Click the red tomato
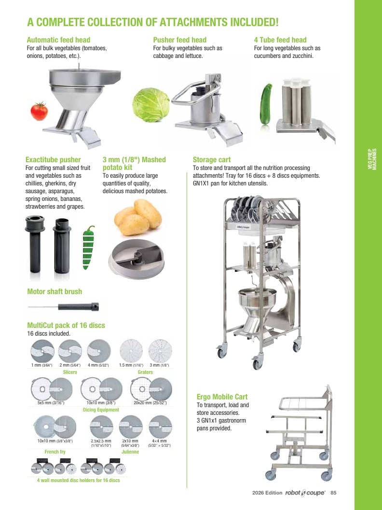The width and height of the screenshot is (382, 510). point(39,111)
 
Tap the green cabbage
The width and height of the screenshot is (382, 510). point(151,105)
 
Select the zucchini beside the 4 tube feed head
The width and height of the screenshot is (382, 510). point(266,104)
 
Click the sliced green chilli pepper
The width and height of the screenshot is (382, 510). point(88,248)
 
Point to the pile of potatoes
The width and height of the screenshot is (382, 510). point(138,217)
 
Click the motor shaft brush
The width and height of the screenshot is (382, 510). point(63,307)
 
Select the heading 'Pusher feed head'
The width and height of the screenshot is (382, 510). point(179,40)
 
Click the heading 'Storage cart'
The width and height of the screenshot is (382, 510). point(211,160)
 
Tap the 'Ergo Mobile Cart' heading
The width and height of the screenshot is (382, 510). point(222,397)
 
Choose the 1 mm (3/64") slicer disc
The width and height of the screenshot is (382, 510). point(42,351)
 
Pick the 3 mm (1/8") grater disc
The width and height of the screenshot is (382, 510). point(160,351)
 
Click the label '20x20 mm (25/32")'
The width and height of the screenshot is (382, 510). point(150,403)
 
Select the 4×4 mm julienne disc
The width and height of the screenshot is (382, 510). point(160,427)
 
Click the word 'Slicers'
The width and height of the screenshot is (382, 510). point(70,372)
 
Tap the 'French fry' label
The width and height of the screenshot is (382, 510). point(55,452)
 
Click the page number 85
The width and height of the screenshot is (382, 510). point(333,493)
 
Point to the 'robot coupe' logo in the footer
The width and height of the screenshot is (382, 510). point(305,493)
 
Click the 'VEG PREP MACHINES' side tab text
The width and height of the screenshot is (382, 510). point(372,159)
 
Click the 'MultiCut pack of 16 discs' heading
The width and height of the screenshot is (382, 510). point(66,325)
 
